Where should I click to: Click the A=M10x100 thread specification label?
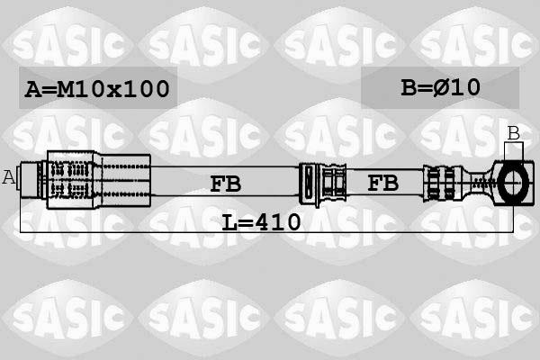point(97,88)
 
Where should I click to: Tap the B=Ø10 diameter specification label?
point(440,87)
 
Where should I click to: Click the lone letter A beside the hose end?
point(9,176)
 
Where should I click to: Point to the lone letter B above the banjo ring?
point(513,133)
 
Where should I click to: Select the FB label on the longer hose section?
point(225,184)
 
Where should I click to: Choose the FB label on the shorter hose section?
point(382,183)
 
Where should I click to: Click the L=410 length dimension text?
point(262,221)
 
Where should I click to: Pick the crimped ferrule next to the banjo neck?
point(444,183)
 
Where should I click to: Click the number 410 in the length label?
point(277,221)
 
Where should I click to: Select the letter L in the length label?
point(230,221)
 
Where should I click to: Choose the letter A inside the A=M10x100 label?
point(33,88)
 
